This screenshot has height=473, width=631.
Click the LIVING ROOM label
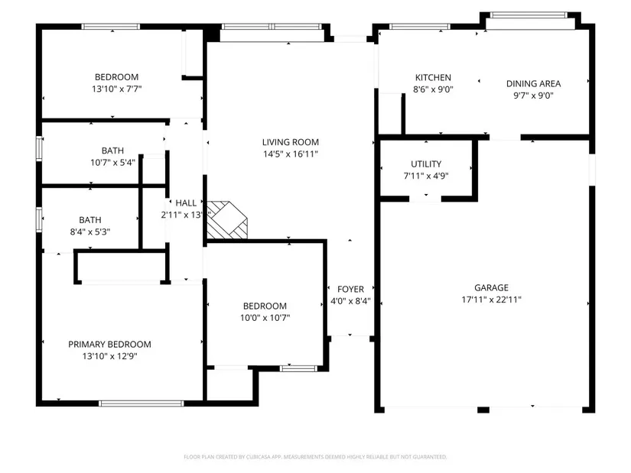point(290,142)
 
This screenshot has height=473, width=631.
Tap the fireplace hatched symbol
point(227,220)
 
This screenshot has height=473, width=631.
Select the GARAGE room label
point(491,287)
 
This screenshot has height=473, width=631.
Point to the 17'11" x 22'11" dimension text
point(491,300)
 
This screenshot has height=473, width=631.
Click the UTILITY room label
point(426,164)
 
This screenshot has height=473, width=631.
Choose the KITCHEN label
point(433,78)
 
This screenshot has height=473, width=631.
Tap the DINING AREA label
point(533,83)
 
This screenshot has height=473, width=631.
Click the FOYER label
point(350,289)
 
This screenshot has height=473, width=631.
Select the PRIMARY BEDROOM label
point(109,345)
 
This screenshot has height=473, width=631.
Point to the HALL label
point(186,203)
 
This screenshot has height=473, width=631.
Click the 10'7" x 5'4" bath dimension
point(112,163)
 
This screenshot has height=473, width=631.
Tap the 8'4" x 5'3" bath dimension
point(90,232)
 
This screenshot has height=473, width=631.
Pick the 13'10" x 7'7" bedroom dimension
point(117,89)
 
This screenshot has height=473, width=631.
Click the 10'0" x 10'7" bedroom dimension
point(265,318)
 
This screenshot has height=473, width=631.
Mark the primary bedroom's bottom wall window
point(141,403)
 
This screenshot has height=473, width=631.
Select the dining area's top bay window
point(529,15)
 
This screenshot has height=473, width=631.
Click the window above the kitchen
point(420,27)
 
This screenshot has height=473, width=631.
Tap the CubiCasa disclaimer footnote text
point(315,457)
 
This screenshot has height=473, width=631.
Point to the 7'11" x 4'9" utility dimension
point(426,176)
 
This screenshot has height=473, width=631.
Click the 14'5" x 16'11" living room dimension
point(291,154)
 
